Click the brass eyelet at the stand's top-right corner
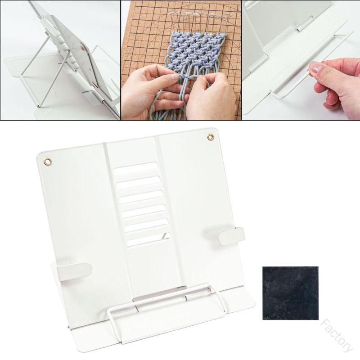[x=210, y=137]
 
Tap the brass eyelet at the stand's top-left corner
[x=48, y=162]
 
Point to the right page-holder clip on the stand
[x=232, y=236]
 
